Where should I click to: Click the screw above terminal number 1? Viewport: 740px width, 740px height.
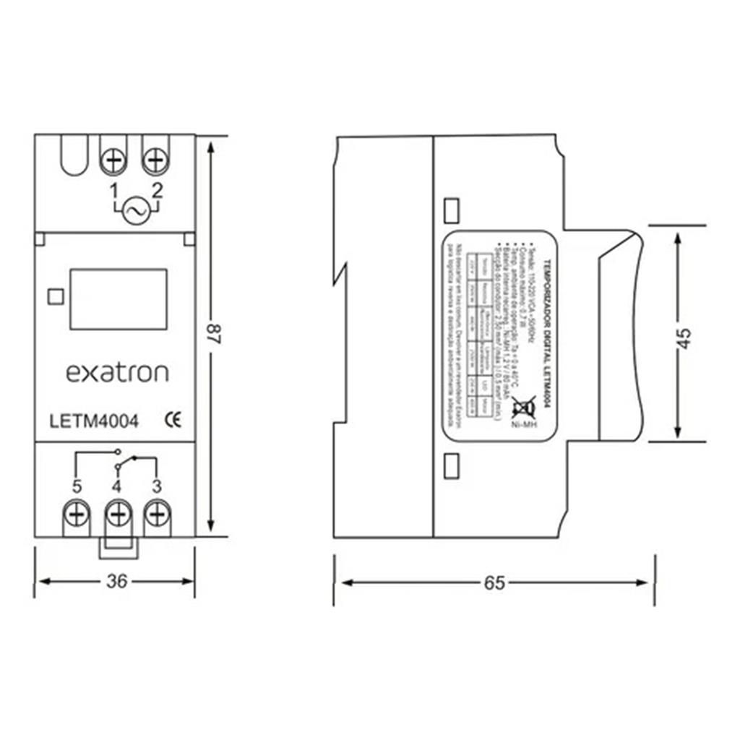[113, 160]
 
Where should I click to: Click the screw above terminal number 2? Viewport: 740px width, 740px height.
[155, 160]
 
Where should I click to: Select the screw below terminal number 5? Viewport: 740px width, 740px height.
[75, 515]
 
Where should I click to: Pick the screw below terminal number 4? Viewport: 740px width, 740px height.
[116, 515]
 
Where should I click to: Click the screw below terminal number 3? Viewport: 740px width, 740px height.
[156, 515]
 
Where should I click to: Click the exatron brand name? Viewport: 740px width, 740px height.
[117, 373]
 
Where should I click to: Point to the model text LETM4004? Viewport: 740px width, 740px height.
[94, 421]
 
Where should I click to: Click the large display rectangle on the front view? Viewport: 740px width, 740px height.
[119, 299]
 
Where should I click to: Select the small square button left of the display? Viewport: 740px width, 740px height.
[53, 297]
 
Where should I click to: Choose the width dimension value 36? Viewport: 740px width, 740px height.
[116, 582]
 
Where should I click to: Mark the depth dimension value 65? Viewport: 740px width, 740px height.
[495, 582]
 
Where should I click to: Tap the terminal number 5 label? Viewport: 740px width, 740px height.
[76, 486]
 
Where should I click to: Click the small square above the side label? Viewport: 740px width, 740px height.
[451, 210]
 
